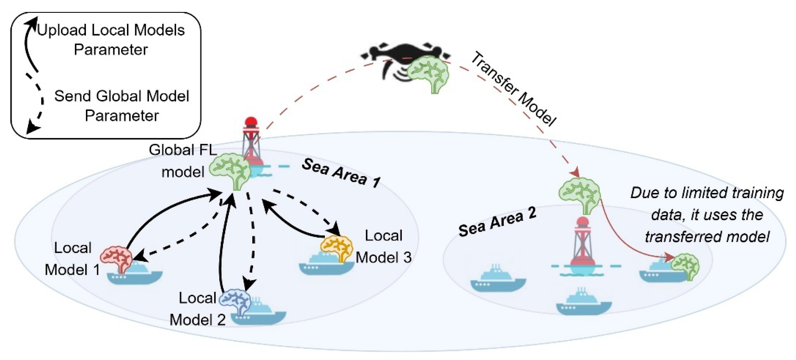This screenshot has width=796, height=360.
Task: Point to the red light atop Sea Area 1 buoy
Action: click(251, 122)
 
